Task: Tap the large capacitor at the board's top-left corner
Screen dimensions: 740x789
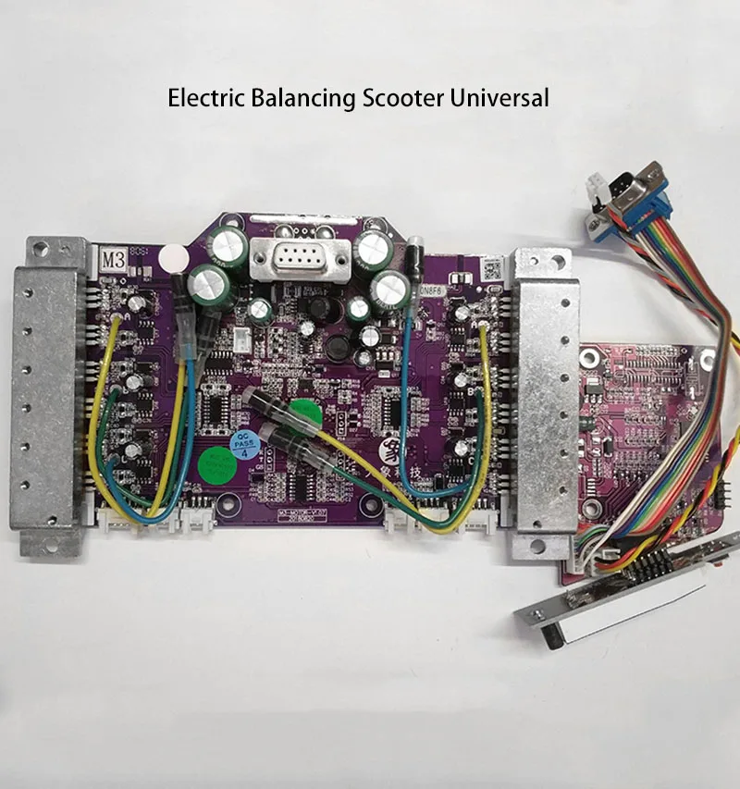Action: pos(228,248)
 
